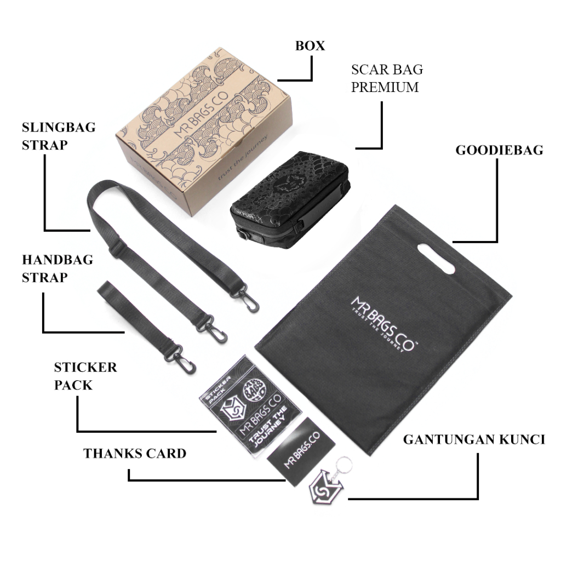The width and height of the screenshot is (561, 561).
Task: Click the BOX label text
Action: (310, 45)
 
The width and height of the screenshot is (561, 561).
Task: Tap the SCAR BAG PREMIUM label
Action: (387, 78)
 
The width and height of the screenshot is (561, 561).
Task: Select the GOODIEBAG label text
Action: (499, 150)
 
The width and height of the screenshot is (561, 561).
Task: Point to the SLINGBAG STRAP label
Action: (59, 136)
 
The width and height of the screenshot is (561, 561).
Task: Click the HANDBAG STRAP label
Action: (58, 268)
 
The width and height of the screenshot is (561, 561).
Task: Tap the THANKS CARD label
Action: (135, 454)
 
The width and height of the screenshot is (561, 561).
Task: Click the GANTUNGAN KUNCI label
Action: (474, 439)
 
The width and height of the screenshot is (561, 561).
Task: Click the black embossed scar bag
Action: (289, 198)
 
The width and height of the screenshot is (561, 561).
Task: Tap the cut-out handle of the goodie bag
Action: (437, 257)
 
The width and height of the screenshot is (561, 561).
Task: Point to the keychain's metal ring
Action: (345, 462)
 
